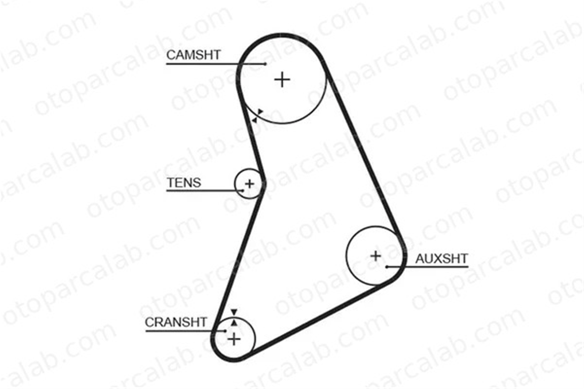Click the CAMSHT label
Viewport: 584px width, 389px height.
193,55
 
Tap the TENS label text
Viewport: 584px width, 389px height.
184,183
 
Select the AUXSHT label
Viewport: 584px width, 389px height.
442,259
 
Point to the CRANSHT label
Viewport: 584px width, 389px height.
176,322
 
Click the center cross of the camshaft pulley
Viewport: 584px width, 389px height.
282,79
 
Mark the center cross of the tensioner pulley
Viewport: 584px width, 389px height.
249,184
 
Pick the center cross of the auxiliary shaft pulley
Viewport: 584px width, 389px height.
376,256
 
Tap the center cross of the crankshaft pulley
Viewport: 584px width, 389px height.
234,339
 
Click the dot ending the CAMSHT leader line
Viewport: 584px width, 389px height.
265,64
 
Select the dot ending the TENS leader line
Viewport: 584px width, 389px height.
243,191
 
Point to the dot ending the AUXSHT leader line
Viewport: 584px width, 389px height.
387,267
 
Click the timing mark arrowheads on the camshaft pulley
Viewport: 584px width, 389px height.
258,116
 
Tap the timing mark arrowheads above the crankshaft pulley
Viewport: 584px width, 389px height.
234,318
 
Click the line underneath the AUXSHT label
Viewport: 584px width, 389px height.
427,267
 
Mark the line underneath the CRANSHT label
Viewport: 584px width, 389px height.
186,331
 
